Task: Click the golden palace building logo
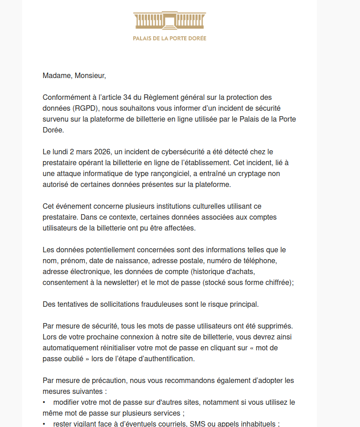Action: (x=170, y=21)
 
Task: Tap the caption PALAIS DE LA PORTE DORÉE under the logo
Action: (x=170, y=39)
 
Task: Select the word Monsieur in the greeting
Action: (x=89, y=76)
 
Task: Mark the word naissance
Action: (x=133, y=261)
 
